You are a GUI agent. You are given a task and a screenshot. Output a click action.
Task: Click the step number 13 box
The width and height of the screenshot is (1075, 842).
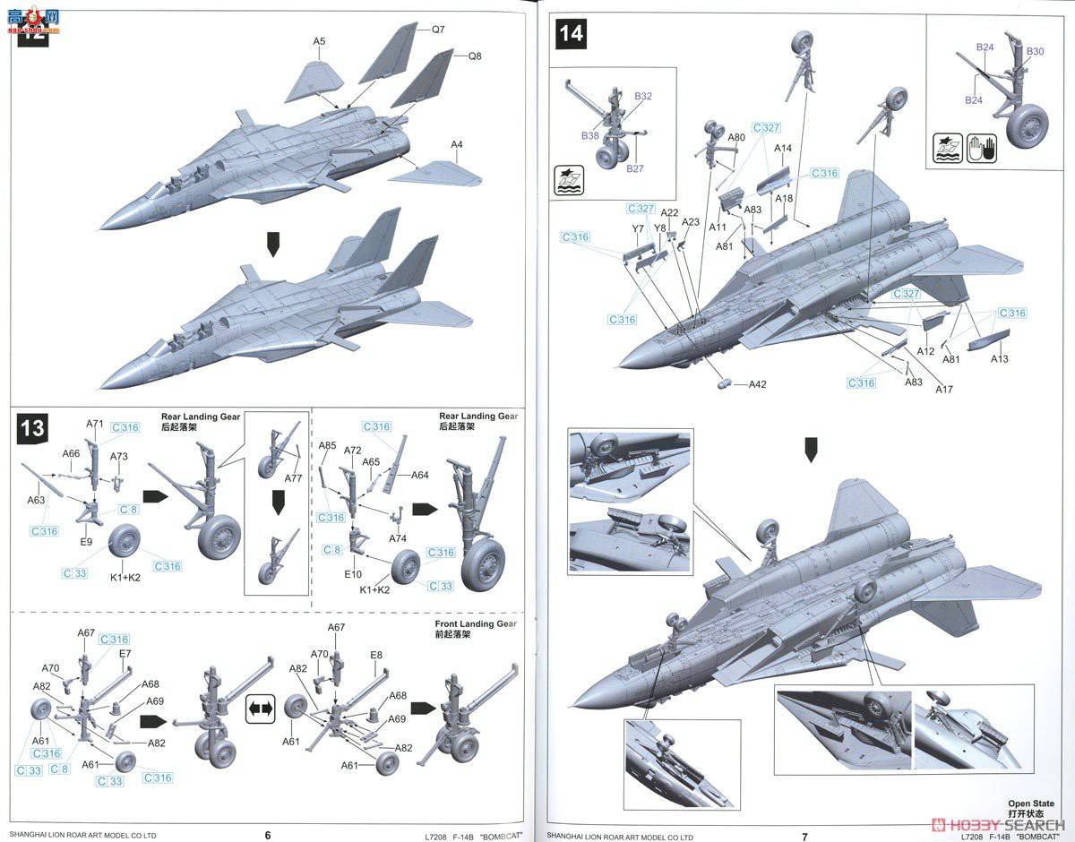coord(32,427)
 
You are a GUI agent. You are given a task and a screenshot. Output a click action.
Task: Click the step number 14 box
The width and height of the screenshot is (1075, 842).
coord(571,34)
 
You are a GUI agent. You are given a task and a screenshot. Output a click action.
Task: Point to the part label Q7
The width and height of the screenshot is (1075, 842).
coord(438,30)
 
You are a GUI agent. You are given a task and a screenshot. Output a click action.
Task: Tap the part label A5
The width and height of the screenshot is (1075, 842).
coord(319,41)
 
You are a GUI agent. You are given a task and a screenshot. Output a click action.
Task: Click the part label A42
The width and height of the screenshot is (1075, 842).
coord(758,384)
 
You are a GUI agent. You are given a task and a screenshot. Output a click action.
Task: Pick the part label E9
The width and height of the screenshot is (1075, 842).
coord(86,542)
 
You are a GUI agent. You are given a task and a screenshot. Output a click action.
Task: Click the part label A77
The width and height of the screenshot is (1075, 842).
coord(294,479)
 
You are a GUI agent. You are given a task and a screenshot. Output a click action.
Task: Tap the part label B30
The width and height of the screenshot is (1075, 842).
coord(1035,52)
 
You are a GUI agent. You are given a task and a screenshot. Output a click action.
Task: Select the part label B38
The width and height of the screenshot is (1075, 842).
coord(589,136)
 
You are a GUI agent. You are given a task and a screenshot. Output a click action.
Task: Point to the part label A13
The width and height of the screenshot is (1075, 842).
coord(999,359)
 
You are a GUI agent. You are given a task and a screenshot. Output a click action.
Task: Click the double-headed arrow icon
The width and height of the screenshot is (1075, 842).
coord(260,709)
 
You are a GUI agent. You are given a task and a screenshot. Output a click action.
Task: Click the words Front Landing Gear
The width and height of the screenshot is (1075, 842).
coord(476,623)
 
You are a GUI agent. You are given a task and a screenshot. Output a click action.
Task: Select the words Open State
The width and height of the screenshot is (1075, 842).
coord(1030,803)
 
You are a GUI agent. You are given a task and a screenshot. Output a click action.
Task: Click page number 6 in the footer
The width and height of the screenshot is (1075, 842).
coord(268,835)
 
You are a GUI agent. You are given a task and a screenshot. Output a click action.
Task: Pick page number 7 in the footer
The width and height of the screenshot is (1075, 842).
coord(804,836)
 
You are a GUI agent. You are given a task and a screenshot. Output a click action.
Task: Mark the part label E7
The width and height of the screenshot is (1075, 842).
coord(125,654)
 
